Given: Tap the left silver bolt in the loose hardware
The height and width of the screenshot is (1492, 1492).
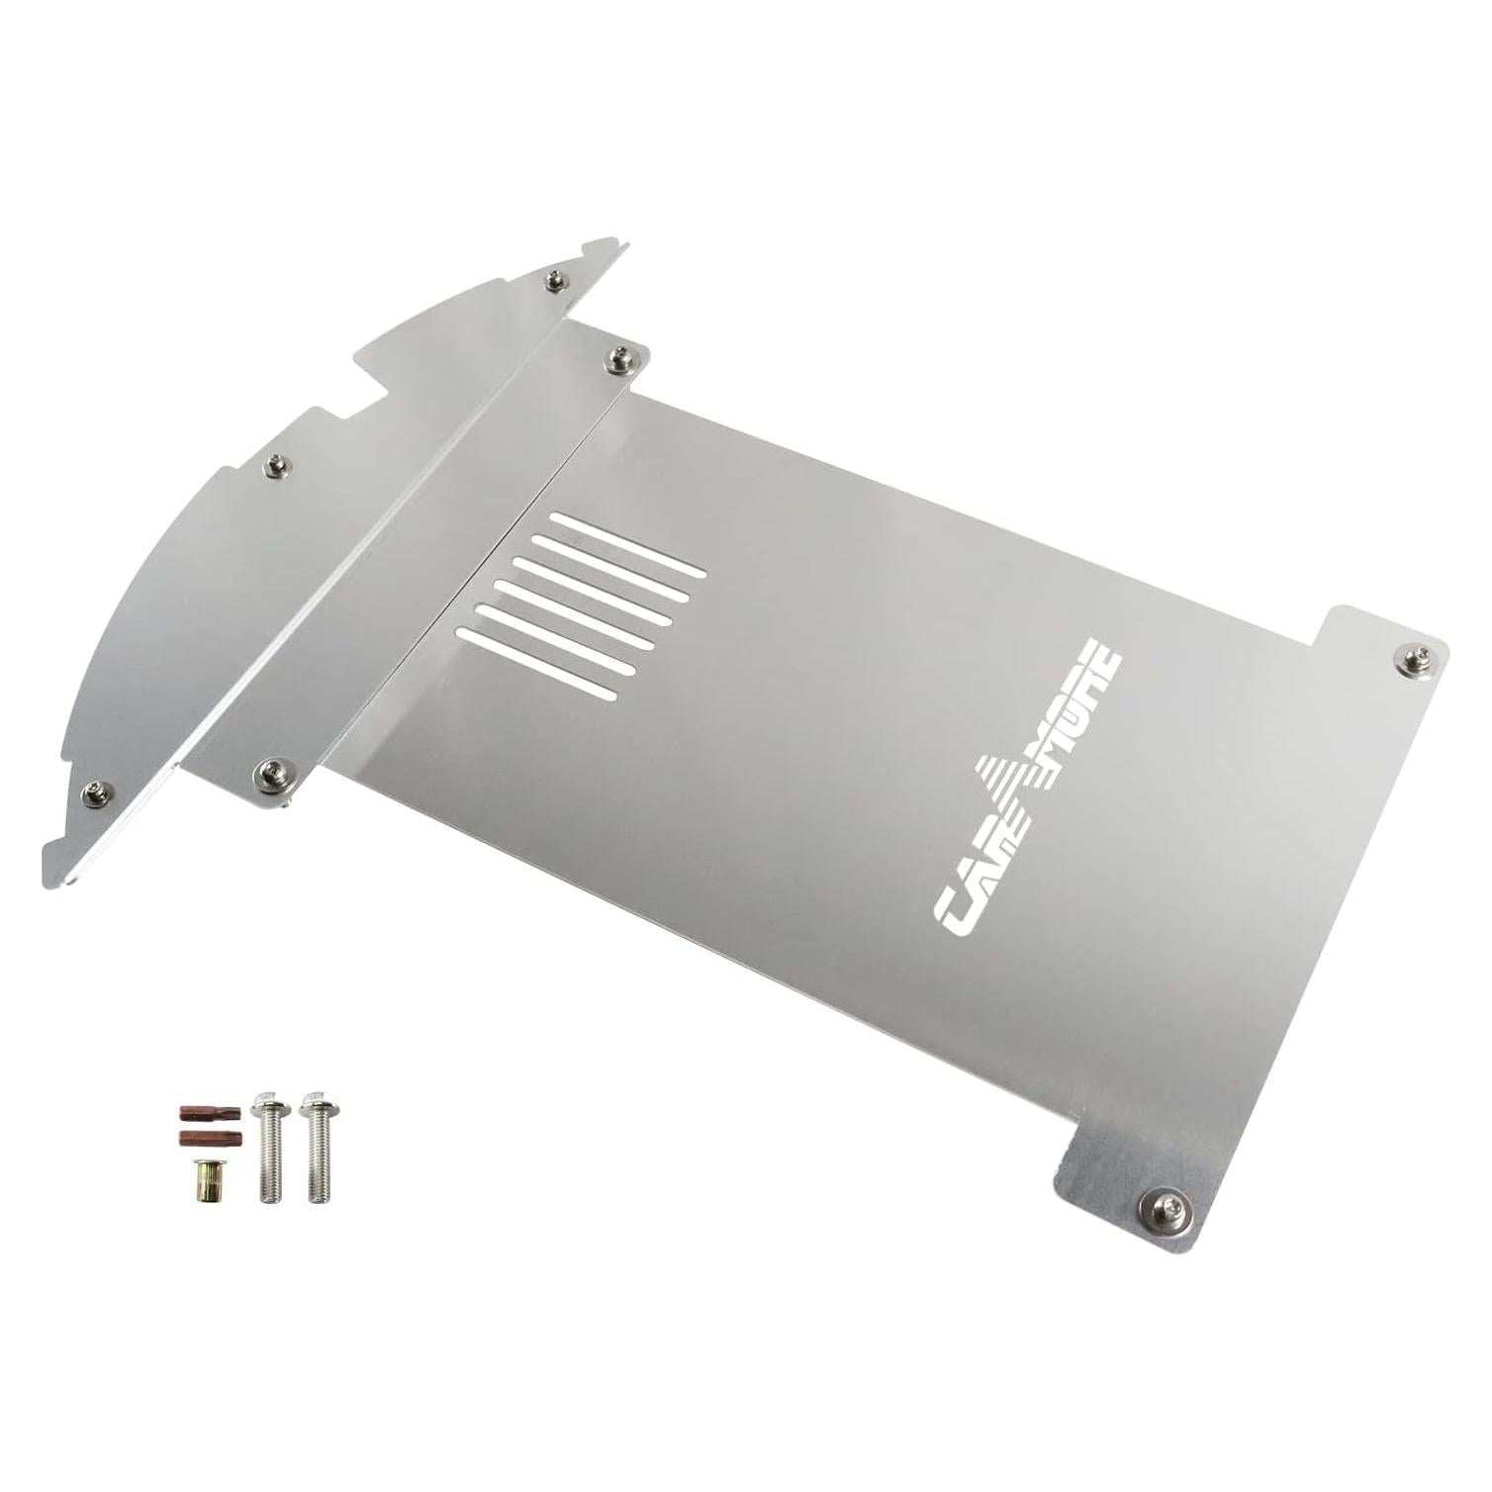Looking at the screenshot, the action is click(268, 1146).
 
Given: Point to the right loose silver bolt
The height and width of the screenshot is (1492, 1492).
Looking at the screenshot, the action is click(318, 1146).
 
